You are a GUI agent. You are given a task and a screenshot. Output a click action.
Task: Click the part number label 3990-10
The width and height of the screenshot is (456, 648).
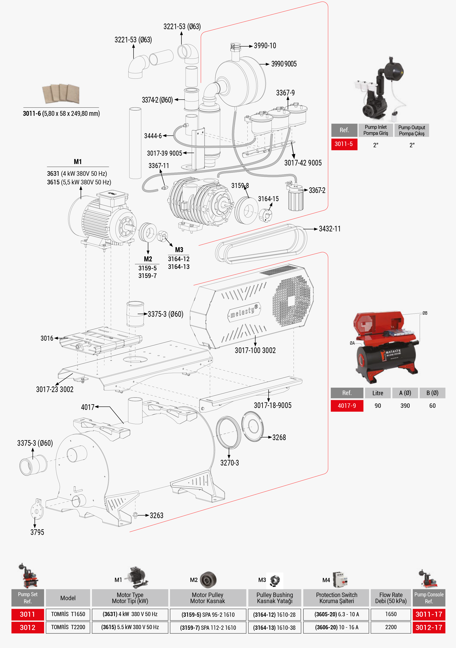pyautogui.click(x=265, y=46)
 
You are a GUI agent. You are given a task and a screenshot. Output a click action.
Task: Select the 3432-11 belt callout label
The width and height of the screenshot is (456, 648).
pyautogui.click(x=329, y=229)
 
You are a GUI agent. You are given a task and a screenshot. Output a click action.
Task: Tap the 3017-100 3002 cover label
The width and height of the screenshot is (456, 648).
pyautogui.click(x=255, y=350)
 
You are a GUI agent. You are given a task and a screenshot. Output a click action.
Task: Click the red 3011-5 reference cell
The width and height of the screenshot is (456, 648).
pyautogui.click(x=344, y=144)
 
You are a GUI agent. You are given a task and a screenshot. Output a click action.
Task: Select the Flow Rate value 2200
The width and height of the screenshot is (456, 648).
pyautogui.click(x=391, y=627)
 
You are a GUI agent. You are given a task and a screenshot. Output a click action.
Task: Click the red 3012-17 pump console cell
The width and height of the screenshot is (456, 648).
pyautogui.click(x=429, y=627)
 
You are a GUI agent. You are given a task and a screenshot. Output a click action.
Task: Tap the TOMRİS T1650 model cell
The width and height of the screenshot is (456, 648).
pyautogui.click(x=68, y=614)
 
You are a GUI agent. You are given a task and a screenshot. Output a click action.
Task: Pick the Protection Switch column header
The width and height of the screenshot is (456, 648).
pyautogui.click(x=336, y=598)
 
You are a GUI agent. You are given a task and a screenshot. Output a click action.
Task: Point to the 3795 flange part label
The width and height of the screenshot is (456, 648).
pyautogui.click(x=37, y=532)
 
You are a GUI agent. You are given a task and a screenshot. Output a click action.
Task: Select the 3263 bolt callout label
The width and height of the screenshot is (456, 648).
pyautogui.click(x=156, y=516)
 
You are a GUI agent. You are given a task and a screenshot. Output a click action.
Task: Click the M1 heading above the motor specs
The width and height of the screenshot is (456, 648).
pyautogui.click(x=78, y=162)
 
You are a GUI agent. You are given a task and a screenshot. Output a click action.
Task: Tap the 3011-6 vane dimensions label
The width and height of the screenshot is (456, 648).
pyautogui.click(x=61, y=113)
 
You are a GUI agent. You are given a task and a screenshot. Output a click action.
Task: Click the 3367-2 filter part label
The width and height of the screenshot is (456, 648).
pyautogui.click(x=317, y=190)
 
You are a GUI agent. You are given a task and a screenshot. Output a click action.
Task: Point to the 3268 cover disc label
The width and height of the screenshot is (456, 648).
pyautogui.click(x=279, y=437)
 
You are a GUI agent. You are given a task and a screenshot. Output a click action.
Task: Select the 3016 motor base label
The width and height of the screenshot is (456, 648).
pyautogui.click(x=47, y=338)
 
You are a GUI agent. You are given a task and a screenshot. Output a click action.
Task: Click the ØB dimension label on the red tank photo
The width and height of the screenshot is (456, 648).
pyautogui.click(x=425, y=313)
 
